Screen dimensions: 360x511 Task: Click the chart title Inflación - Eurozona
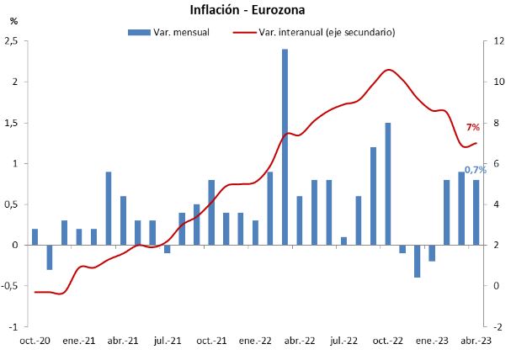253,10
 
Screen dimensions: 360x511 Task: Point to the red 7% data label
472,127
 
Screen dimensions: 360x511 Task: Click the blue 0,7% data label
476,170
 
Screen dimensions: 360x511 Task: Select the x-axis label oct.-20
35,341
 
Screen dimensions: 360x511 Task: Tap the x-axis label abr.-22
299,341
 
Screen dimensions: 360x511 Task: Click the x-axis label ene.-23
431,341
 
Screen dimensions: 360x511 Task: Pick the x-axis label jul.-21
168,341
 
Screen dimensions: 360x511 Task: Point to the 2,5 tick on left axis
13,41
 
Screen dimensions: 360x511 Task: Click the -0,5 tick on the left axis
11,286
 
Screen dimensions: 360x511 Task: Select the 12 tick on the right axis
498,41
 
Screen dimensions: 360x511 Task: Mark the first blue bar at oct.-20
35,236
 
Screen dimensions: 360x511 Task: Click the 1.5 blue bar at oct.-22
387,183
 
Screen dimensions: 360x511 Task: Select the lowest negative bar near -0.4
417,261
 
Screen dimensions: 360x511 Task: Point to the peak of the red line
388,70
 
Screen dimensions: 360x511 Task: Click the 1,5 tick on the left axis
13,123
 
